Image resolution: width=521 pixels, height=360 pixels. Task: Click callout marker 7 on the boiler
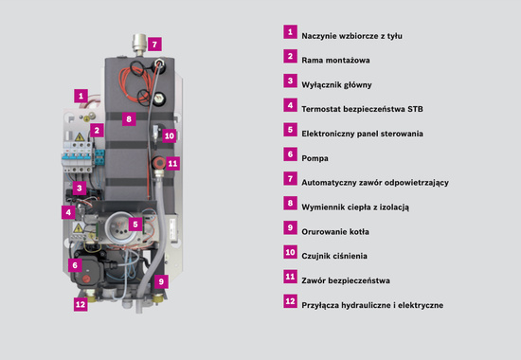(155, 44)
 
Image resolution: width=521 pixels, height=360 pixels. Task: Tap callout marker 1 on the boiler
(81, 96)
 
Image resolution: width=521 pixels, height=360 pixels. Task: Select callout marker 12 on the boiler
(81, 304)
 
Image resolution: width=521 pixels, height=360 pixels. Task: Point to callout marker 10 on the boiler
(170, 135)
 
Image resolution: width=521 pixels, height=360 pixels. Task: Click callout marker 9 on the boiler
(160, 281)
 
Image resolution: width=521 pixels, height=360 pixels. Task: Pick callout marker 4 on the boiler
(69, 212)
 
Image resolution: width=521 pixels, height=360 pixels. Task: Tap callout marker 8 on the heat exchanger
(129, 119)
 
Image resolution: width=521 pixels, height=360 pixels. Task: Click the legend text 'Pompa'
(314, 158)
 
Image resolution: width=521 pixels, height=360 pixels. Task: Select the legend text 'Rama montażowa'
(335, 59)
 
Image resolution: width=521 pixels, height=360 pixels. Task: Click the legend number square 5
(290, 130)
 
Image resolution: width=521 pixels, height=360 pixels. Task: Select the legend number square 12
(290, 302)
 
